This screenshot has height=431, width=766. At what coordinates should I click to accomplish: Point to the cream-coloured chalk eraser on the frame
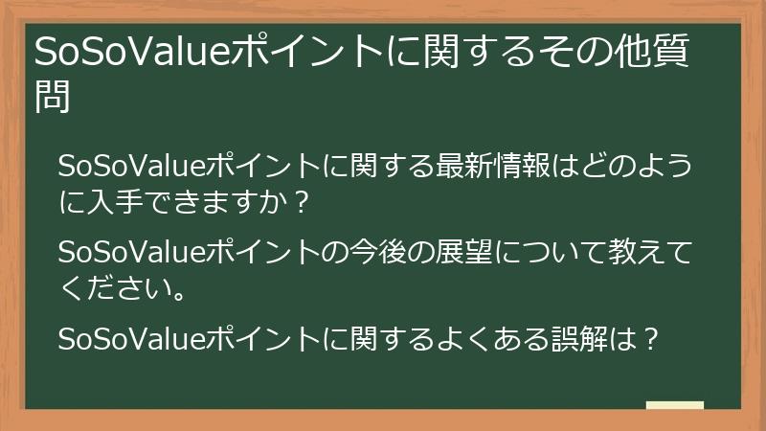[675, 406]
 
